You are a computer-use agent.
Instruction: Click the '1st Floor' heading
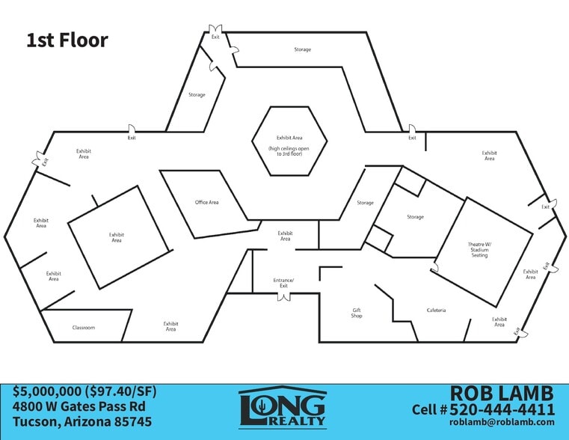(x=67, y=40)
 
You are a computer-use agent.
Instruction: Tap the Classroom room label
(x=84, y=328)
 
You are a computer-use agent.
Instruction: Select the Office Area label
(x=207, y=202)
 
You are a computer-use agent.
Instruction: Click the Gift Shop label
(x=357, y=313)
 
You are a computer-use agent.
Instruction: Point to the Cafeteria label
(x=436, y=311)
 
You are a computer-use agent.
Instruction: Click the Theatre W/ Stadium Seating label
(x=479, y=250)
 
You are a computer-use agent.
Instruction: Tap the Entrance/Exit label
(x=283, y=283)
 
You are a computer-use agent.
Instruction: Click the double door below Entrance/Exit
(x=284, y=296)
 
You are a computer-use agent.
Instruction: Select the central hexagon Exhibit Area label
(x=289, y=138)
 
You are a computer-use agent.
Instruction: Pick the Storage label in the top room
(x=303, y=49)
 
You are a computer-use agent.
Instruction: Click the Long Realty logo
(x=283, y=407)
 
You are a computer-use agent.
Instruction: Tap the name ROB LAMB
(x=502, y=393)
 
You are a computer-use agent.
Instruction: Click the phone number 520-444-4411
(x=502, y=409)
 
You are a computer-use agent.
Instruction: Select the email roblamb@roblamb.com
(x=502, y=422)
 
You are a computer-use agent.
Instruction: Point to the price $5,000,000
(x=47, y=391)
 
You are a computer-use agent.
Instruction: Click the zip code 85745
(x=133, y=422)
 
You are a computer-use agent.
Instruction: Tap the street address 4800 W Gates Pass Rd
(x=79, y=406)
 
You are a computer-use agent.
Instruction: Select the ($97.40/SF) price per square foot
(x=121, y=391)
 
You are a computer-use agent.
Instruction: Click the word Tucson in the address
(x=37, y=422)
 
